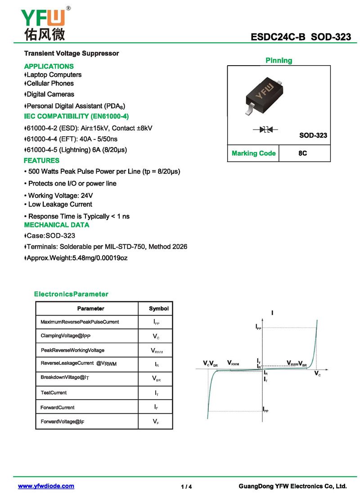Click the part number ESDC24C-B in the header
[278, 37]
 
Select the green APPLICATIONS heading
[49, 66]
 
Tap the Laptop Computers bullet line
[54, 75]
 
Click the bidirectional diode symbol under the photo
[265, 129]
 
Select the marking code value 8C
[303, 153]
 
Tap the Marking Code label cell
[253, 153]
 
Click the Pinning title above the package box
[279, 60]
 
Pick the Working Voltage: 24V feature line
[60, 196]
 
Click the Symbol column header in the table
[158, 308]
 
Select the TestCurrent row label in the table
[54, 392]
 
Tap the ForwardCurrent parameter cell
[58, 407]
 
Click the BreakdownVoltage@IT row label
[65, 377]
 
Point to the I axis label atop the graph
[272, 313]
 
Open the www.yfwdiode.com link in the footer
[46, 486]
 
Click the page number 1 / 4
[186, 486]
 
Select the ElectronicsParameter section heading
[71, 294]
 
